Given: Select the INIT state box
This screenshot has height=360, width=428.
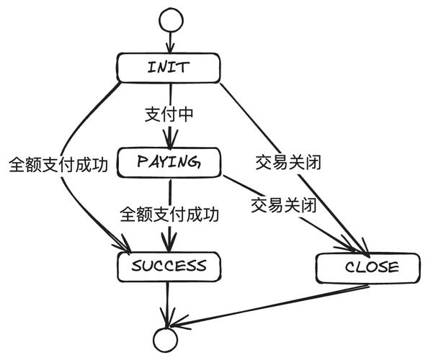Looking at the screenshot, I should tap(168, 68).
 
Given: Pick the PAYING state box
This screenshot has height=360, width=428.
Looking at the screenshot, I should tap(169, 162).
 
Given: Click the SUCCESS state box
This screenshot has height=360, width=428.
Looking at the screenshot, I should tap(169, 266).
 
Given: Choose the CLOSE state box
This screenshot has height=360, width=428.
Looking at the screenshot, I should tap(368, 267).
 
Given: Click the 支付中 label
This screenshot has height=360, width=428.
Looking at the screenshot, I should tap(169, 114).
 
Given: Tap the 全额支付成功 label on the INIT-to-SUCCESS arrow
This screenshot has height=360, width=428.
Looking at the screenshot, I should tap(58, 164).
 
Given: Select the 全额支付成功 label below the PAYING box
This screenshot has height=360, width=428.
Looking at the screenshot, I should tap(170, 214).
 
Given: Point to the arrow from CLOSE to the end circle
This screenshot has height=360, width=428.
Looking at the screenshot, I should tap(274, 302).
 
